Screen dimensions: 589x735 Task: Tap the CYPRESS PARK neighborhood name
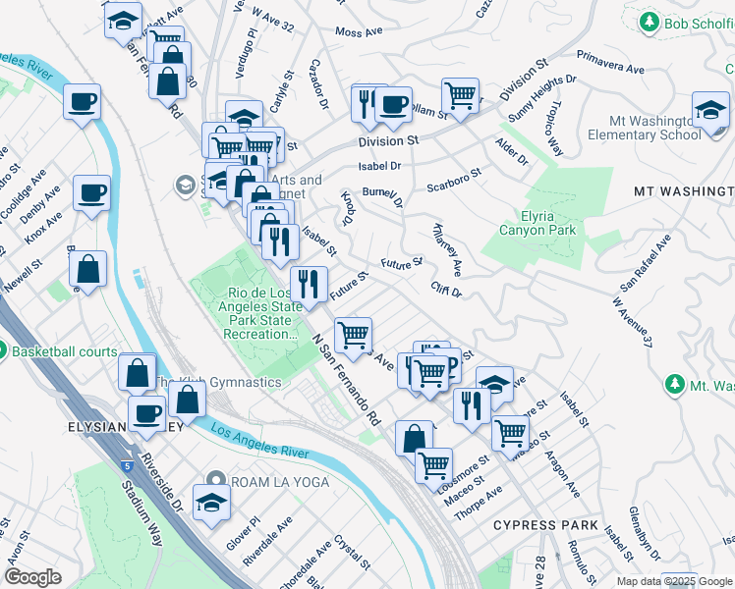point(545,525)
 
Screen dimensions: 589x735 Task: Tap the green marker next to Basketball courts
point(2,350)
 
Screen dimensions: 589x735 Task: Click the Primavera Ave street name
point(609,63)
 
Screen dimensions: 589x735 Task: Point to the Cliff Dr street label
point(445,289)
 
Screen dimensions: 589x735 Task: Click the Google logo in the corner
point(32,577)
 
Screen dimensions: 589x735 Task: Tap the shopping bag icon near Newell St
point(88,272)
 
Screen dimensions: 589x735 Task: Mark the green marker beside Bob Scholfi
point(649,22)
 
